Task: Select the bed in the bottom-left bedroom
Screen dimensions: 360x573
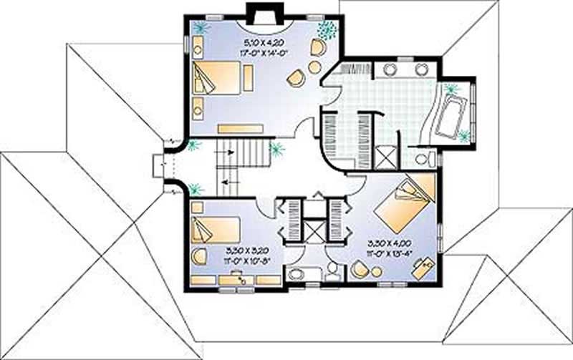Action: pos(215,228)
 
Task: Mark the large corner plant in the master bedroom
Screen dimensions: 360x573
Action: pos(327,29)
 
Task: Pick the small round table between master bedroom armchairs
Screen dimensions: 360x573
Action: pos(314,67)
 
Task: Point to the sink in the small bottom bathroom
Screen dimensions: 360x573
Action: pos(295,274)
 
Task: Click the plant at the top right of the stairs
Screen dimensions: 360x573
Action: pos(276,150)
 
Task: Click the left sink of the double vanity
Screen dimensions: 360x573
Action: pos(390,69)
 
